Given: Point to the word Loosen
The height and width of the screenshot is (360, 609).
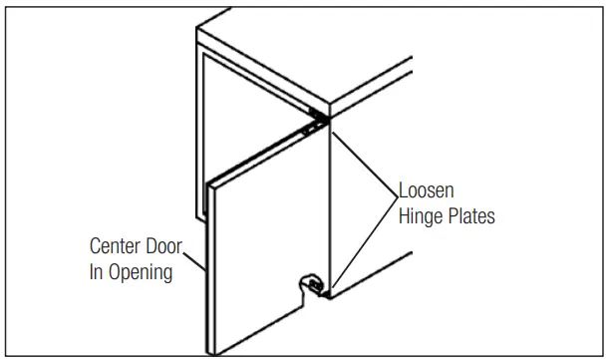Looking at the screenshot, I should (x=428, y=190).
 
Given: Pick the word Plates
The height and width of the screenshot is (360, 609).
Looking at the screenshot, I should (x=469, y=216).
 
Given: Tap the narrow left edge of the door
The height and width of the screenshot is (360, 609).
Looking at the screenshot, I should (x=209, y=269).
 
